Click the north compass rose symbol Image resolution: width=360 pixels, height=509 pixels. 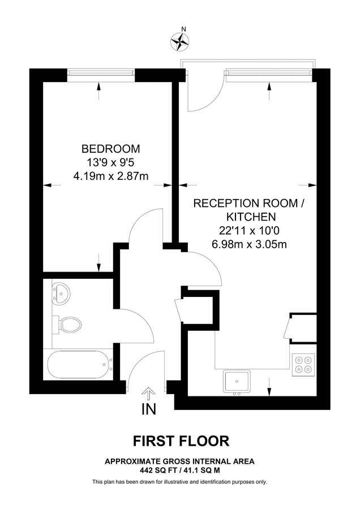180,39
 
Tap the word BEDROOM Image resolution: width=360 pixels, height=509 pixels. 111,149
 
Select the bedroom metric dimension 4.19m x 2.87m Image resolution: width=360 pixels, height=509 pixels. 111,176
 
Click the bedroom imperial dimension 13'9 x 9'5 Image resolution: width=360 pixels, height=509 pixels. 111,163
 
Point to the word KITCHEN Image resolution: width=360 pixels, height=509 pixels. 251,217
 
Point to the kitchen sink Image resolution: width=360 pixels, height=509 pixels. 237,381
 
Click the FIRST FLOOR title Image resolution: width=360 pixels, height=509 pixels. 181,441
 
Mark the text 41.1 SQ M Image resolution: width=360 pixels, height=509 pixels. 203,470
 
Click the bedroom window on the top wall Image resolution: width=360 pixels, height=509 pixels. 100,72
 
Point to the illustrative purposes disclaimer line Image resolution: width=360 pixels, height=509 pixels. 179,482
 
